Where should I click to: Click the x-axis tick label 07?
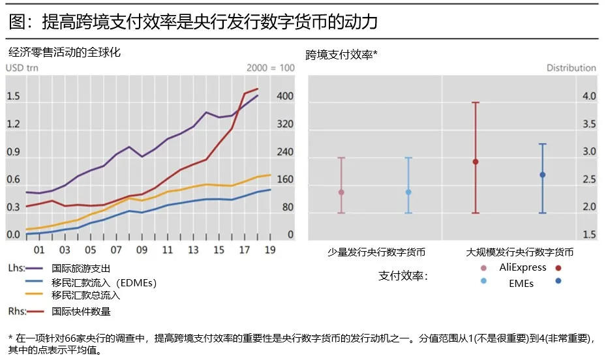point(116,250)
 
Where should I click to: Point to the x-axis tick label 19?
point(270,250)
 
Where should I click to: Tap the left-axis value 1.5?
point(13,97)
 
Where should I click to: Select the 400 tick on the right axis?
point(286,97)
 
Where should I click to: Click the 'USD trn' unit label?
point(22,67)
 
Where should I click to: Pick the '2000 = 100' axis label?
point(271,67)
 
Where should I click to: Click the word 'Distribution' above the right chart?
point(571,68)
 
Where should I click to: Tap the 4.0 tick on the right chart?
point(588,97)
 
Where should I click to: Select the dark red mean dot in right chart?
point(476,162)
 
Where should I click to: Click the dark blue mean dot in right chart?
point(542,175)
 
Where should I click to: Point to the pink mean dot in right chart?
point(341,192)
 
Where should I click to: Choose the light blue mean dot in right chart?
point(408,192)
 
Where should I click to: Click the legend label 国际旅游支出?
point(81,268)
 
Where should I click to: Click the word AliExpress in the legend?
point(523,267)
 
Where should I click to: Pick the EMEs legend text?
point(521,283)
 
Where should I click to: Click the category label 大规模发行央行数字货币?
point(520,252)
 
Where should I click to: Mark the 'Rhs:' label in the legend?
point(17,310)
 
